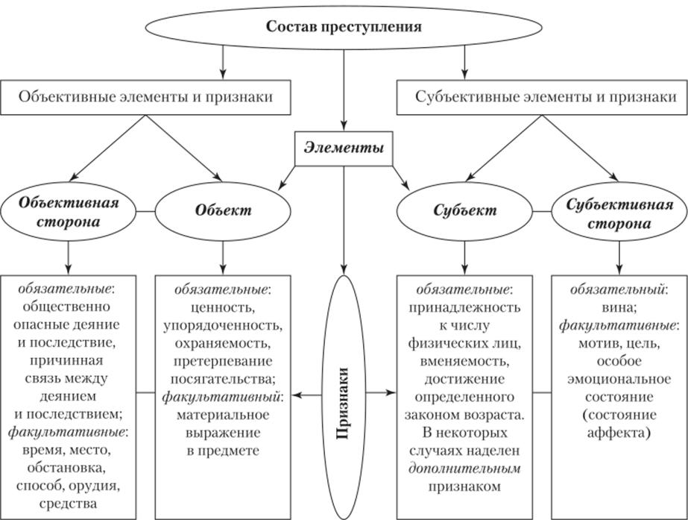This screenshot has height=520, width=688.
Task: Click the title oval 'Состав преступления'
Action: point(344,27)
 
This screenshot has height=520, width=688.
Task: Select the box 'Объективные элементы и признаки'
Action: point(146,97)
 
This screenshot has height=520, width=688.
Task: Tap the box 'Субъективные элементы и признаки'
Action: point(542,97)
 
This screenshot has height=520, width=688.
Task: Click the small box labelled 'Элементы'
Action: point(344,148)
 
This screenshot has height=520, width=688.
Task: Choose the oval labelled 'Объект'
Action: point(223,210)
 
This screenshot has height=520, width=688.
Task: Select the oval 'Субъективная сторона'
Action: point(619,212)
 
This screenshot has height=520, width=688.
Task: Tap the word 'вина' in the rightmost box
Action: point(618,306)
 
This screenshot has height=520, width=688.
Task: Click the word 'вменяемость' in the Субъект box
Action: point(464,360)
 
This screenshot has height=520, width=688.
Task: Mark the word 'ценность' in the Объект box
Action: point(223,306)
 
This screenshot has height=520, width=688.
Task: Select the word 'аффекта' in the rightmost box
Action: point(618,432)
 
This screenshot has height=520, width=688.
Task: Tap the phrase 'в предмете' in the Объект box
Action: point(223,450)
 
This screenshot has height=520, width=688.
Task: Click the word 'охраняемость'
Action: point(223,342)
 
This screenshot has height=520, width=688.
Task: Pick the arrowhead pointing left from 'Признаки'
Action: point(296,392)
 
